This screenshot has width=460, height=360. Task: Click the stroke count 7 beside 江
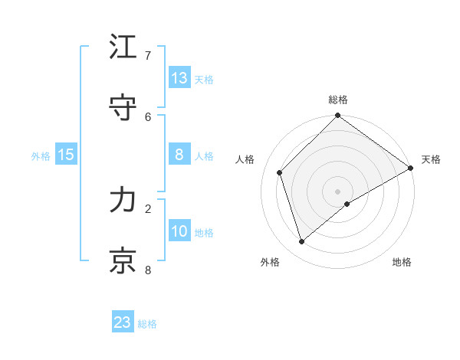point(148,55)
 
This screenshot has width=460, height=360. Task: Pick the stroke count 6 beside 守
point(148,116)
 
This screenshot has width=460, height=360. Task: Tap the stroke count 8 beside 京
point(148,270)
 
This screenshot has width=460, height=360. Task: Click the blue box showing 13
point(179,77)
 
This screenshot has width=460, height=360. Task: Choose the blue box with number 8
point(179,155)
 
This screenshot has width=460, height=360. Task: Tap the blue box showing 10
point(179,231)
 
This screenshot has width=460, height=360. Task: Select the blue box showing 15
point(66,155)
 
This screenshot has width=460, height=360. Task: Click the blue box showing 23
point(123,322)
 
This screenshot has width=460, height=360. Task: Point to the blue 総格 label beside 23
point(147,324)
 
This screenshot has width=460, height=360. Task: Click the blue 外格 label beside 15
point(41,156)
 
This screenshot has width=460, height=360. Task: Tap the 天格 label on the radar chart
point(431,159)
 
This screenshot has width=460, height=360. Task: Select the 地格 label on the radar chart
point(402,262)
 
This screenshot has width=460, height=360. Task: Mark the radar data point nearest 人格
point(280,172)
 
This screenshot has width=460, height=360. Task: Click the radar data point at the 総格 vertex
point(337,116)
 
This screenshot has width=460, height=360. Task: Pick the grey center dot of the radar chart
point(337,191)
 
